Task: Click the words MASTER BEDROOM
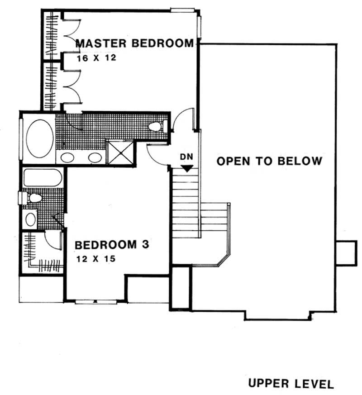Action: (134, 44)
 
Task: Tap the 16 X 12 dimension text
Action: (93, 58)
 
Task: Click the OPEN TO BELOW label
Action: (269, 161)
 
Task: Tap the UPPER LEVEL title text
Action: (291, 384)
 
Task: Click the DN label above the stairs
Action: (186, 157)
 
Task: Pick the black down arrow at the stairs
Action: (187, 167)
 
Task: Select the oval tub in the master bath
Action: (39, 138)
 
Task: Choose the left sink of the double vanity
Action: (68, 158)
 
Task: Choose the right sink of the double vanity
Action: (95, 158)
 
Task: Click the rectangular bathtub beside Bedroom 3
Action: (42, 177)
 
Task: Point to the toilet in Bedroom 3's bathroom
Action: (32, 198)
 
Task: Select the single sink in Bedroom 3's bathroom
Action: (30, 219)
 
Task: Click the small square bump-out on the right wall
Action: (347, 252)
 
